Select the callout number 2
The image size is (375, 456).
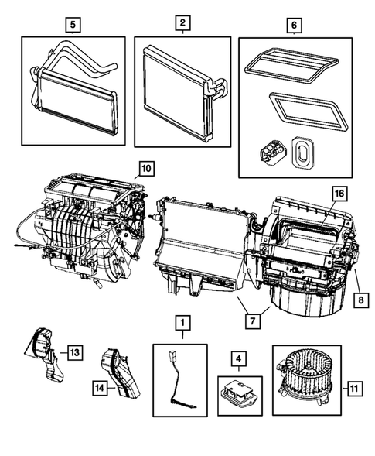click(x=182, y=25)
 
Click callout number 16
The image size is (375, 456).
click(x=338, y=193)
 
